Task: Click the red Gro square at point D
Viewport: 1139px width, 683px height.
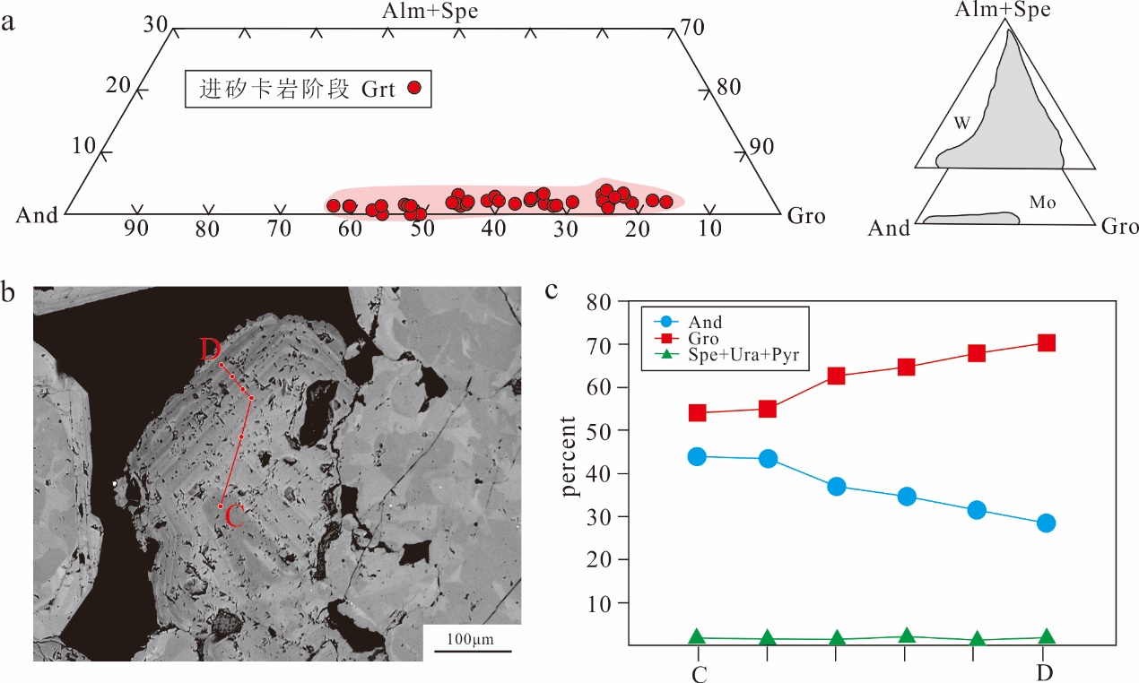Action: pyautogui.click(x=1046, y=342)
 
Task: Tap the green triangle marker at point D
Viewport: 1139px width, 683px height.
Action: pyautogui.click(x=1046, y=637)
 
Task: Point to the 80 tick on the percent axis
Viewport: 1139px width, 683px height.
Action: pyautogui.click(x=598, y=302)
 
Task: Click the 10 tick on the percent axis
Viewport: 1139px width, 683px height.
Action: pyautogui.click(x=598, y=603)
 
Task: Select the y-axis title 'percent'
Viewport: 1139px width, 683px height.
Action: pyautogui.click(x=569, y=457)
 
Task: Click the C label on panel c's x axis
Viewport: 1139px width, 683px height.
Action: pyautogui.click(x=699, y=673)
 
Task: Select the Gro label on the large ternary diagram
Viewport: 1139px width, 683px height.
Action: pyautogui.click(x=805, y=215)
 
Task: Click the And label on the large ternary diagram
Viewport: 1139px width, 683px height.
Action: pyautogui.click(x=37, y=215)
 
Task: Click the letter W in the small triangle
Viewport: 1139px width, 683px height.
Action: pyautogui.click(x=961, y=124)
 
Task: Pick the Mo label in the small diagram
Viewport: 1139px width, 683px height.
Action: pyautogui.click(x=1041, y=203)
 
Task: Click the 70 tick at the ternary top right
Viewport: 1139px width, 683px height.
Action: pyautogui.click(x=691, y=26)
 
